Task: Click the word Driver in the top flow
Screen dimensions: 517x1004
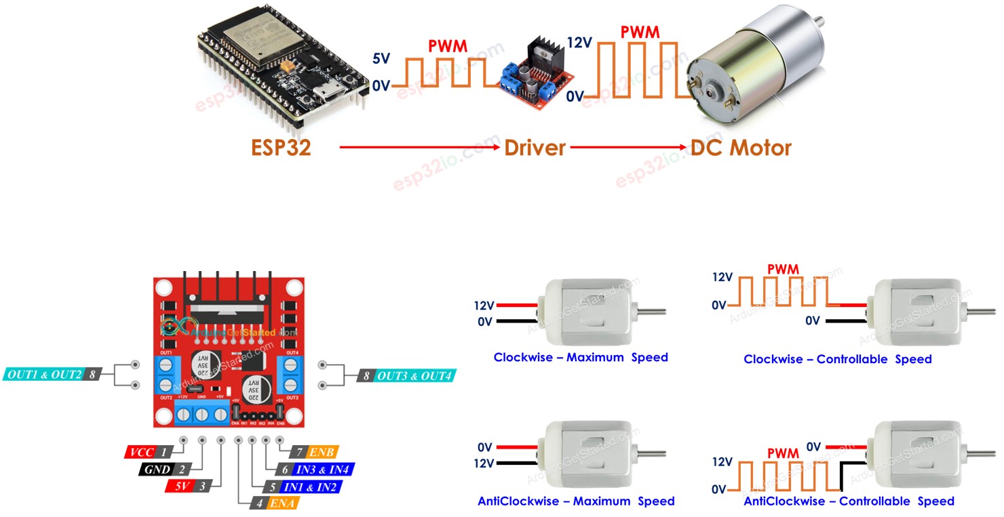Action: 535,147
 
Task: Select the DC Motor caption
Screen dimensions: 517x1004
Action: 741,147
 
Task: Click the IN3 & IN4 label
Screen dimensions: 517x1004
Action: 316,469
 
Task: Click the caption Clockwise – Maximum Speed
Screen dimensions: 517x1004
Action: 581,357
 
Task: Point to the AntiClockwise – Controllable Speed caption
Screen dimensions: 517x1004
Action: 849,501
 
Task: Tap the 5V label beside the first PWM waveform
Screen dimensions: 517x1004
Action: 381,59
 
